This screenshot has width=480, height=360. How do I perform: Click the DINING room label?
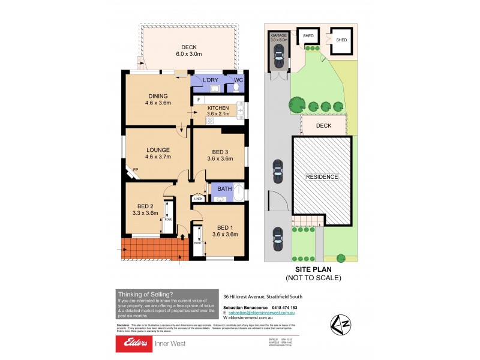[158, 96]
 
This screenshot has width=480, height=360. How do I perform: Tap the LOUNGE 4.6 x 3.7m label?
[158, 150]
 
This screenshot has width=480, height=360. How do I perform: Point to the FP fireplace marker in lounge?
[136, 170]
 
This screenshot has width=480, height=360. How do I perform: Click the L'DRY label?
[210, 80]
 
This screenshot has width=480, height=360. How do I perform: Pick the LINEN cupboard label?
[197, 199]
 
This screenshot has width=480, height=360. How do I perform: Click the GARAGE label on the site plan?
[278, 35]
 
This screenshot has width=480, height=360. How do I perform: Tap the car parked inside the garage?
[278, 58]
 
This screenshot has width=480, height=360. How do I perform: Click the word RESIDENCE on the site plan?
[322, 177]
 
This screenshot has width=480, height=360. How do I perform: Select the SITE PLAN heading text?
[313, 270]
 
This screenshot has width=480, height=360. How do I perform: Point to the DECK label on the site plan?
[324, 126]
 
